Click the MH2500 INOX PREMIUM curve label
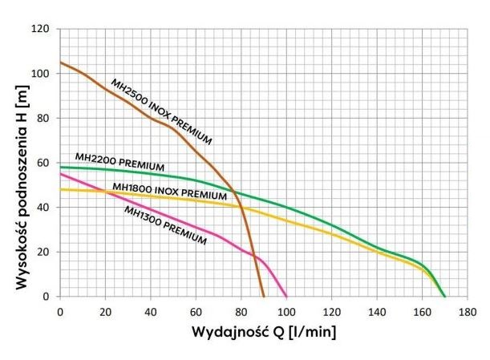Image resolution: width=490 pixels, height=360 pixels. pos(160,111)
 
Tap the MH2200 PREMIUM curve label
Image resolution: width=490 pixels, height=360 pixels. pos(119,160)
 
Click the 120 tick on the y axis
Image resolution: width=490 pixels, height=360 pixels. pos(41,29)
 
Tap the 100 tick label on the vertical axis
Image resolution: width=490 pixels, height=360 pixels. pos(41,74)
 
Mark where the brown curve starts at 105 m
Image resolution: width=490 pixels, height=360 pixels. pos(60,63)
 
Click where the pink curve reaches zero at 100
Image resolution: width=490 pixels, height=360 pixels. pos(286,296)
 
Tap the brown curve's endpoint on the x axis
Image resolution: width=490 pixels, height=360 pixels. pos(264,296)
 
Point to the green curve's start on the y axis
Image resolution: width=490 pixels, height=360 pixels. pos(60,167)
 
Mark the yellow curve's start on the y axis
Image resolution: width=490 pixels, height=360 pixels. pos(60,189)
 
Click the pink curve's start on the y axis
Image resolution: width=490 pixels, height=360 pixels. pos(60,174)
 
